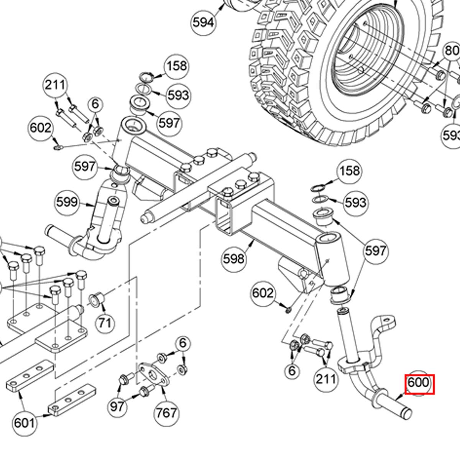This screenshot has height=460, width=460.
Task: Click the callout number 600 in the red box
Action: [420, 384]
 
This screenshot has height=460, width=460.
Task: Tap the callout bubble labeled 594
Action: [203, 23]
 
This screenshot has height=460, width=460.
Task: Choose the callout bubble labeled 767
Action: [166, 412]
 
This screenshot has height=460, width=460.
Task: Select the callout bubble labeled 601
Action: [24, 423]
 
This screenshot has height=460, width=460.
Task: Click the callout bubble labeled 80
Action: [452, 50]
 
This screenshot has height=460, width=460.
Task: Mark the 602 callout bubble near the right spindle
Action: [263, 293]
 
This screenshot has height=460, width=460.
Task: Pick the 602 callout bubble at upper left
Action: [40, 128]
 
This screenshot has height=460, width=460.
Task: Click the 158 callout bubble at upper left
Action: [177, 66]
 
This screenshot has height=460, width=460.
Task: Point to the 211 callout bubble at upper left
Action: [56, 85]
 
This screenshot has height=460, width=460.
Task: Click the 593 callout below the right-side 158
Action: [355, 202]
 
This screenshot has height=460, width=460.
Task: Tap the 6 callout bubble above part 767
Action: [182, 343]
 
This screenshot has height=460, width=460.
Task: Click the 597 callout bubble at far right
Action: [375, 251]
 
